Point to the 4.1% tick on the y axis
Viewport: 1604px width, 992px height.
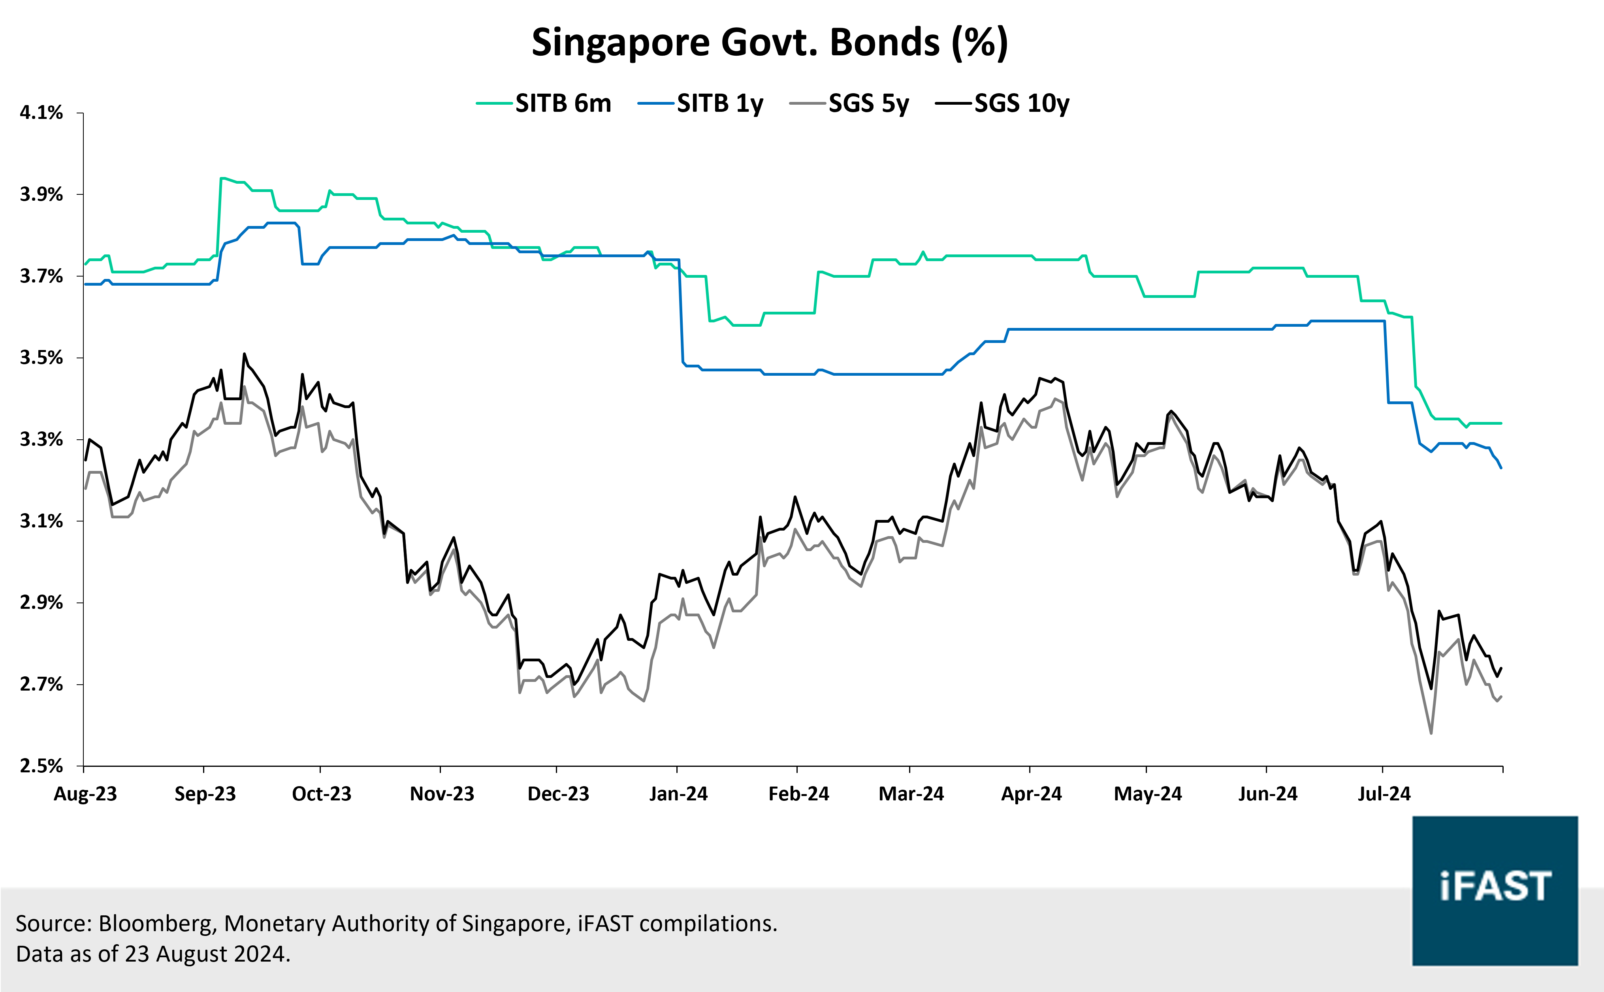41,113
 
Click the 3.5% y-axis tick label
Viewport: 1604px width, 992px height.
41,358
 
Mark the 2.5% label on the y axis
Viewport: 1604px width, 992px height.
41,766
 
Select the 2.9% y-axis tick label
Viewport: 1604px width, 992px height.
41,602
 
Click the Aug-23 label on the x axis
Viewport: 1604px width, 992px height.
85,794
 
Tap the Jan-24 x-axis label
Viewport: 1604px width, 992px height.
678,794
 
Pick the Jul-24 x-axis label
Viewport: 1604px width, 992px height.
1384,794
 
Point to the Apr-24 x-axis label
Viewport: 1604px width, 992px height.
1031,794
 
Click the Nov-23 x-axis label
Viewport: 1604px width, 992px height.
442,794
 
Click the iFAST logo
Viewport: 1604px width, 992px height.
1495,890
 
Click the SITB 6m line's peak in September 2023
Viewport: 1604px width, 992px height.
222,178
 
